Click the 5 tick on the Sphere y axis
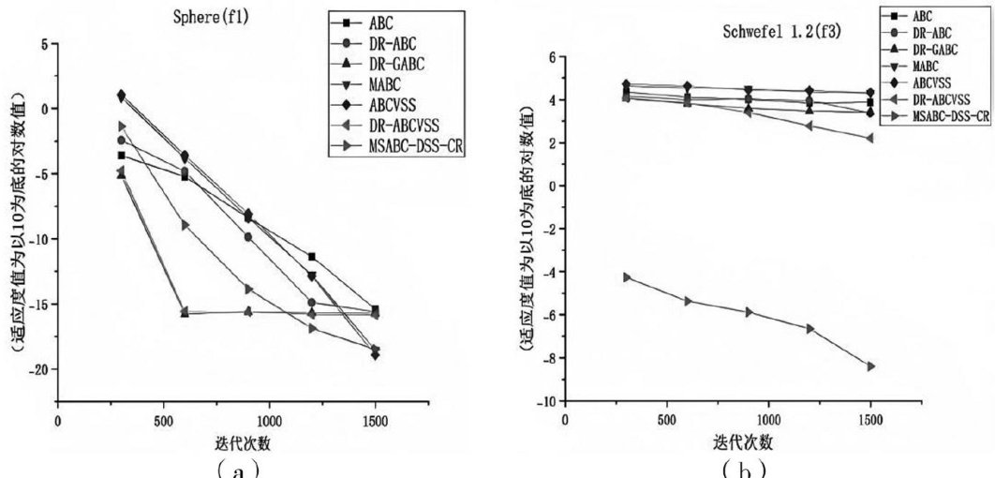[42, 43]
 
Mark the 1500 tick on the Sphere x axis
[374, 420]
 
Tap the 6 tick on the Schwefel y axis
[551, 57]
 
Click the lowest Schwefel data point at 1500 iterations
[870, 366]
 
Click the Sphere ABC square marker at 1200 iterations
[311, 256]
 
